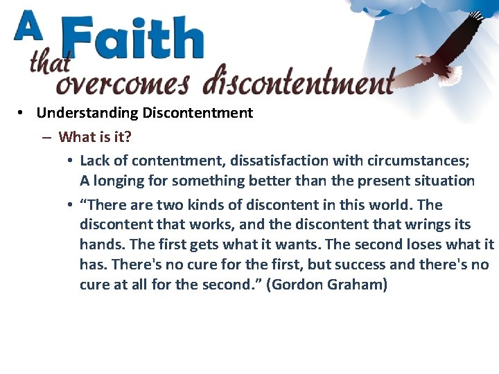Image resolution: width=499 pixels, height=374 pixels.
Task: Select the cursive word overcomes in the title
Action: tap(123, 82)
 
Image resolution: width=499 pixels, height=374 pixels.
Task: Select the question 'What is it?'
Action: tap(94, 136)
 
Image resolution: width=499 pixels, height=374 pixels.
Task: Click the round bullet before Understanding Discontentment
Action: tap(23, 113)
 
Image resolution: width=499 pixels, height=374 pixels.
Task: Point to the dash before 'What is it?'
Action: tap(46, 137)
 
